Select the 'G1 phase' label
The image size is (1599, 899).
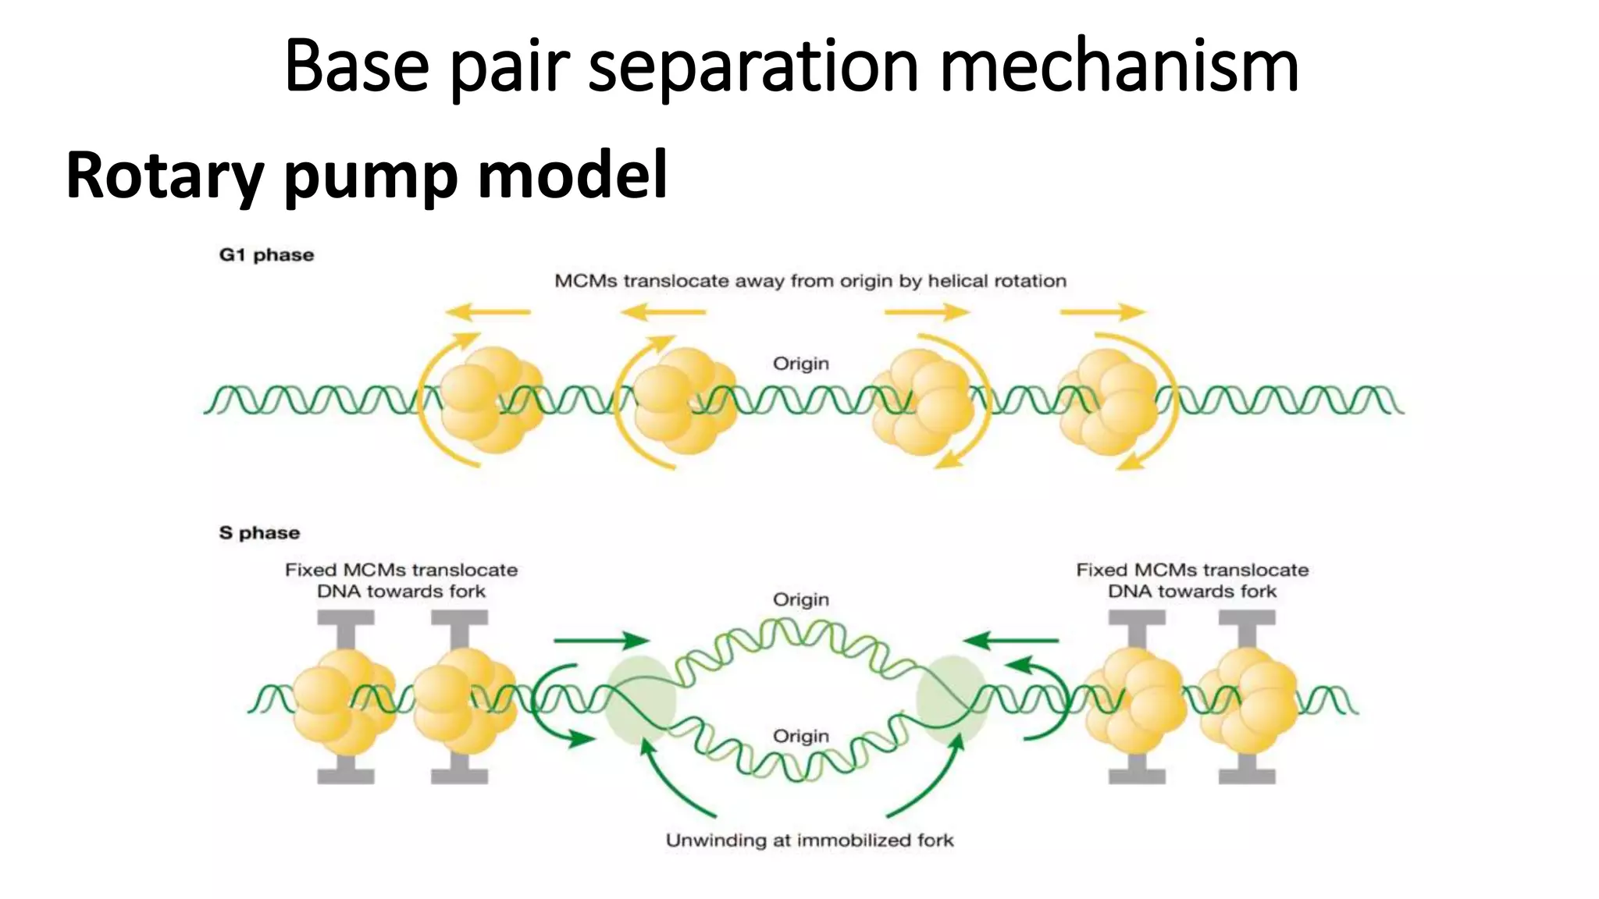tap(266, 255)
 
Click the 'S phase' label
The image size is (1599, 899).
tap(259, 533)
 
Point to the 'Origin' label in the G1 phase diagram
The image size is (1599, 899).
tap(800, 364)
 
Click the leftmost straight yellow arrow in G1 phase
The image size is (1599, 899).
tap(488, 312)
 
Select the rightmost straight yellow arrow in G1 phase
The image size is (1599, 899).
tap(1102, 312)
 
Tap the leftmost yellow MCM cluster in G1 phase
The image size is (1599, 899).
tap(490, 400)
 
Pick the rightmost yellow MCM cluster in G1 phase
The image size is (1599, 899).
tap(1109, 401)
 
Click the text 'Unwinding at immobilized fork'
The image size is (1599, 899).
tap(809, 840)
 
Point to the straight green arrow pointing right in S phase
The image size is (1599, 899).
tap(600, 641)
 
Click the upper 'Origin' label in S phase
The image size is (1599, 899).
tap(800, 599)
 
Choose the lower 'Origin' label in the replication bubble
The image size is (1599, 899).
tap(800, 736)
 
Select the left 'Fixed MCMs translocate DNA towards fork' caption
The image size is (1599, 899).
tap(401, 581)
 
